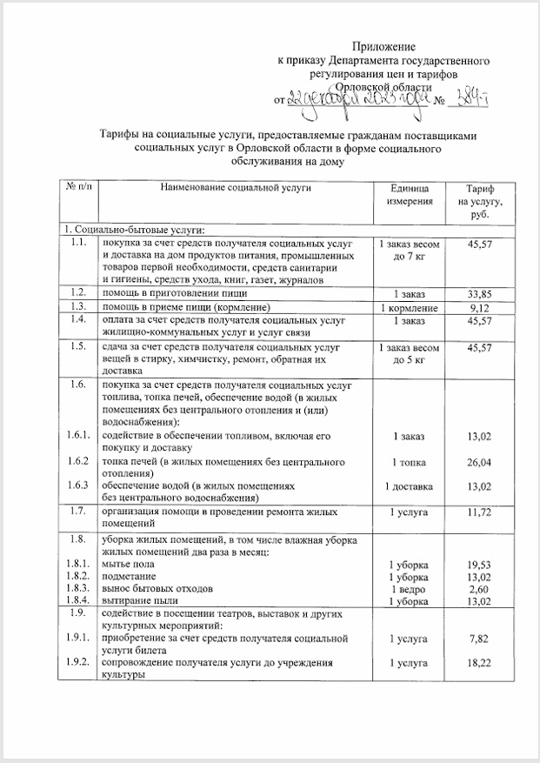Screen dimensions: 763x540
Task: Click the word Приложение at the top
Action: pyautogui.click(x=383, y=45)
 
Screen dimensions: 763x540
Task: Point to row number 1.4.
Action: pyautogui.click(x=77, y=320)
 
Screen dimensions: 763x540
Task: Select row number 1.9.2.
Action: pyautogui.click(x=77, y=663)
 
